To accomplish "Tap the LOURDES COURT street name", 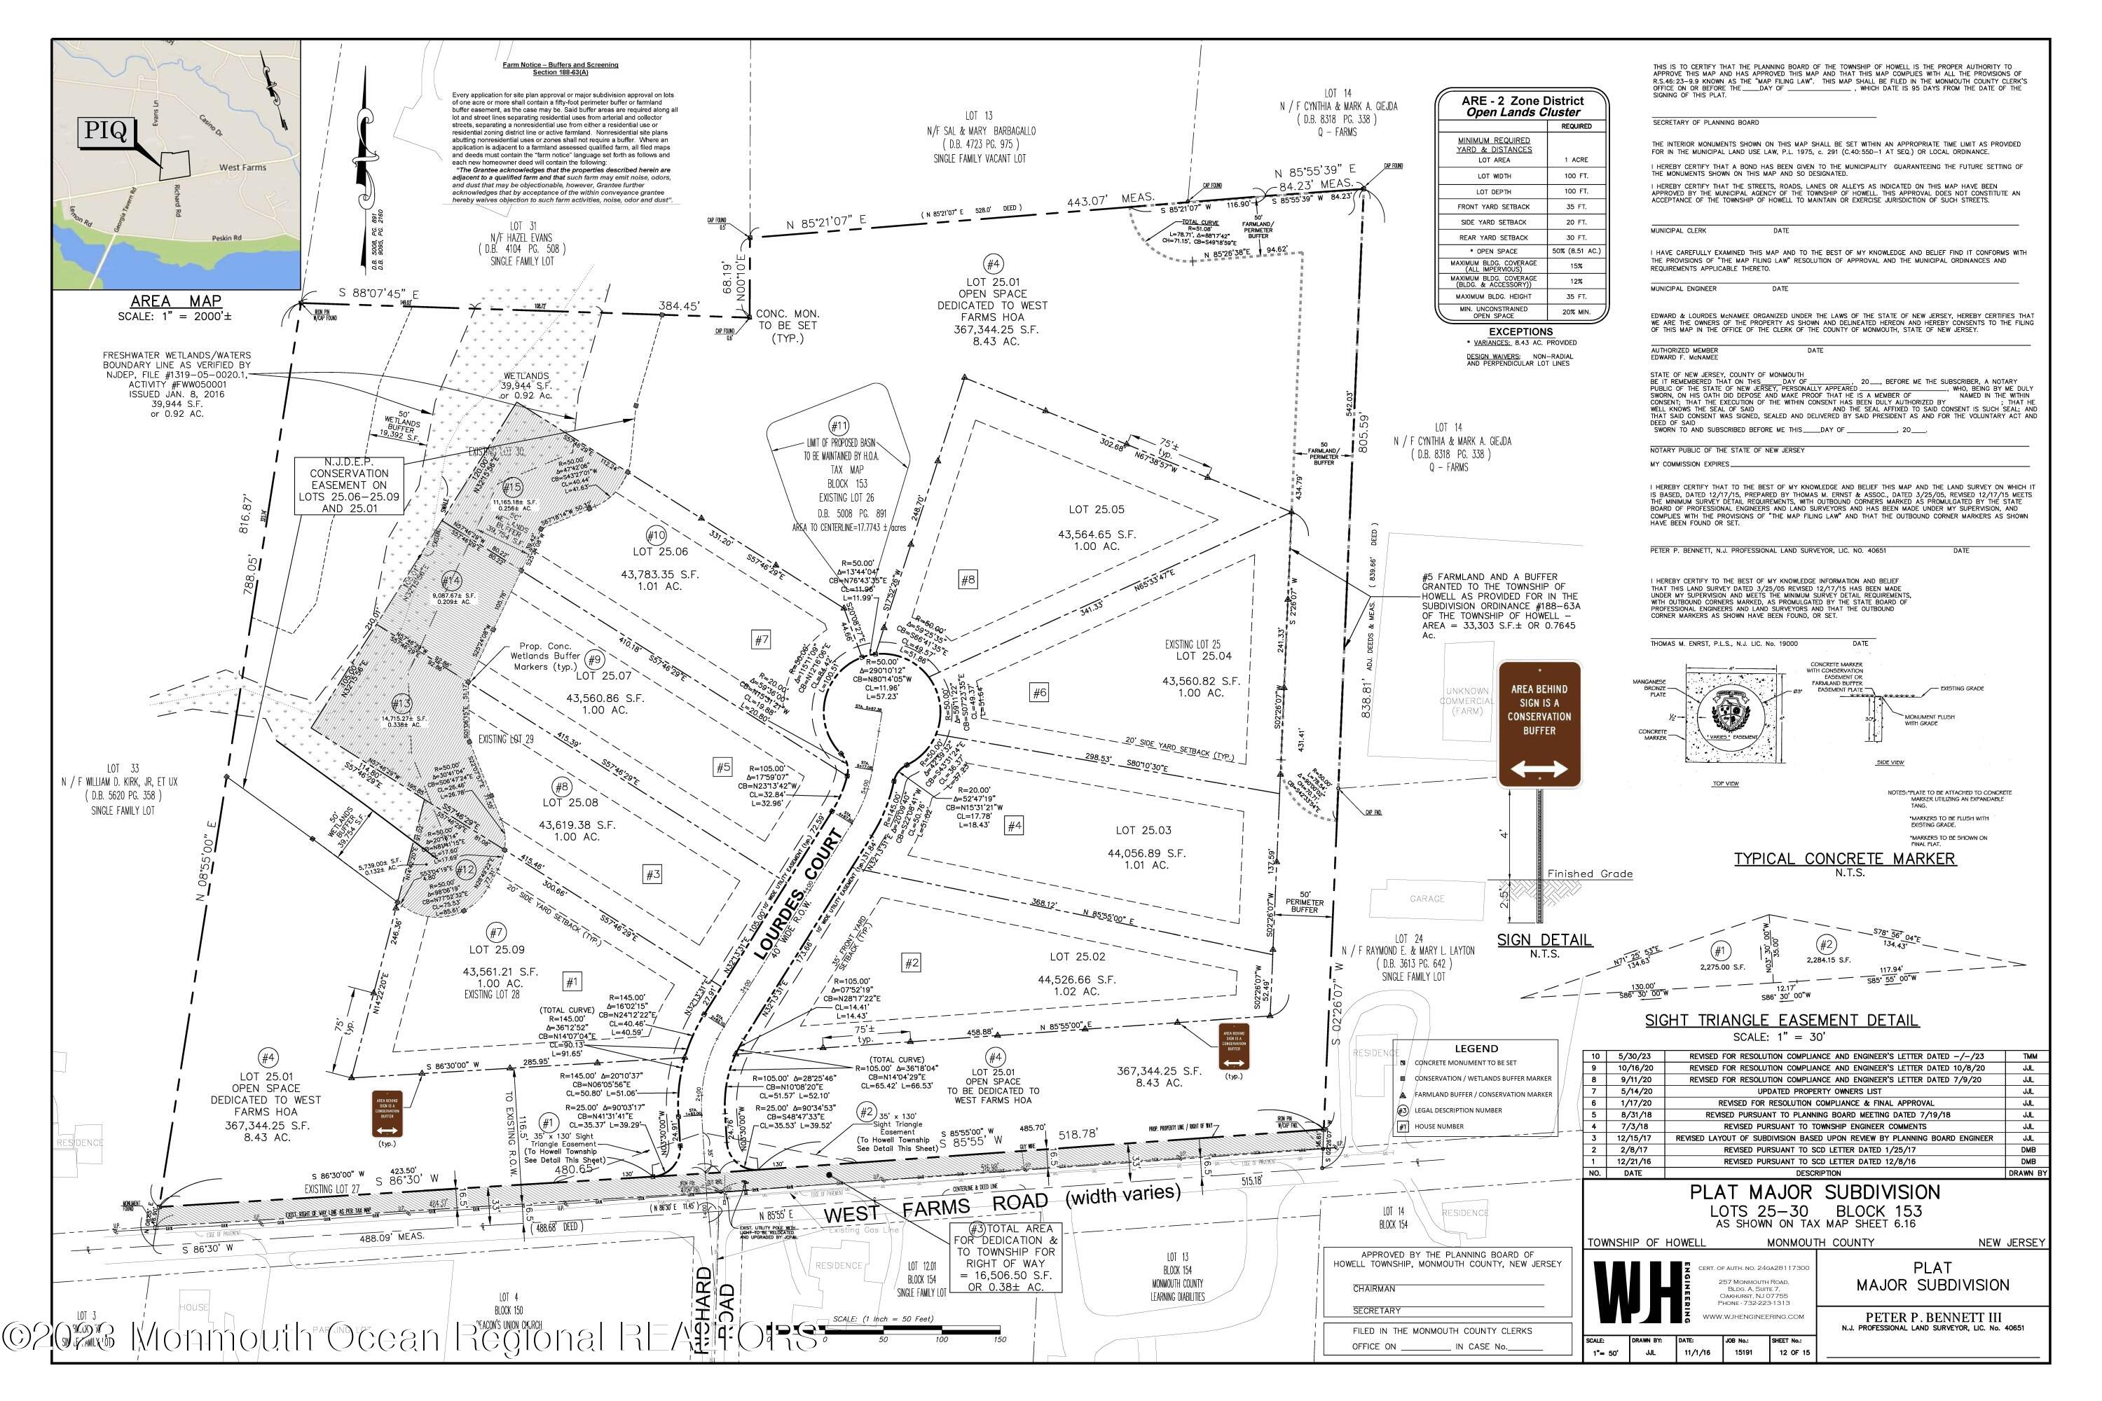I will click(797, 894).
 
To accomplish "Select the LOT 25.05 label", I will click(1096, 509).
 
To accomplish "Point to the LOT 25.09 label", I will click(497, 949).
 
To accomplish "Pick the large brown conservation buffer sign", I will click(1539, 724).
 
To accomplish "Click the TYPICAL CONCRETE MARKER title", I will click(1843, 859).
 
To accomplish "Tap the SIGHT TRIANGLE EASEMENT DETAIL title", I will click(1781, 1021).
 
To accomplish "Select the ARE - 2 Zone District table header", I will click(1522, 106).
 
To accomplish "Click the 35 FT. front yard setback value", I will click(1576, 207).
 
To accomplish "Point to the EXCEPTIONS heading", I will click(1521, 331).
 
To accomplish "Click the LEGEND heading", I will click(1476, 1049).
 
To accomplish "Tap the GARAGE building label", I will click(1427, 899).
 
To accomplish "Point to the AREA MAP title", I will click(176, 301).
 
